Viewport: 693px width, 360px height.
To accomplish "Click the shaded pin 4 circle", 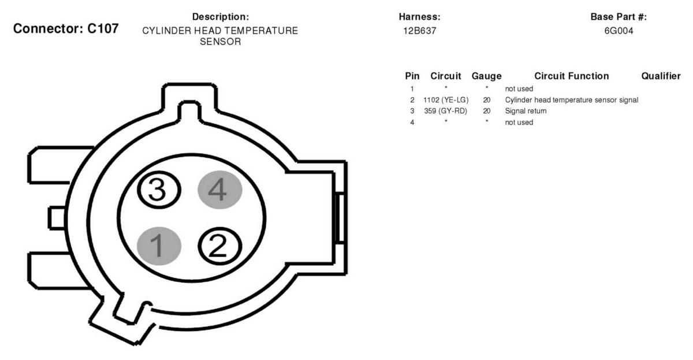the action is tap(220, 190).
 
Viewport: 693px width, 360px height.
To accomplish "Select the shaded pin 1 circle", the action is tap(159, 246).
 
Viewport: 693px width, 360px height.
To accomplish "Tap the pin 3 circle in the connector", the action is tap(159, 190).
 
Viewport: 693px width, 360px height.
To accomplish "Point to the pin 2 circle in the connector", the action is tap(220, 246).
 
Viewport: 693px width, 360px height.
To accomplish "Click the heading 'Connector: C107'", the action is tap(66, 28).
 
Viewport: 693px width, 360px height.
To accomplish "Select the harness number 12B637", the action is tap(419, 31).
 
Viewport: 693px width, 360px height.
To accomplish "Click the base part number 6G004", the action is tap(619, 31).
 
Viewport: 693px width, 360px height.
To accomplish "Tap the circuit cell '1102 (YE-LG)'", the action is tap(446, 100).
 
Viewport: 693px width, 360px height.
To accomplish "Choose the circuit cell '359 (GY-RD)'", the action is tap(445, 111).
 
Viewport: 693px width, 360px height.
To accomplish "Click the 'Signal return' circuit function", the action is tap(526, 111).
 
